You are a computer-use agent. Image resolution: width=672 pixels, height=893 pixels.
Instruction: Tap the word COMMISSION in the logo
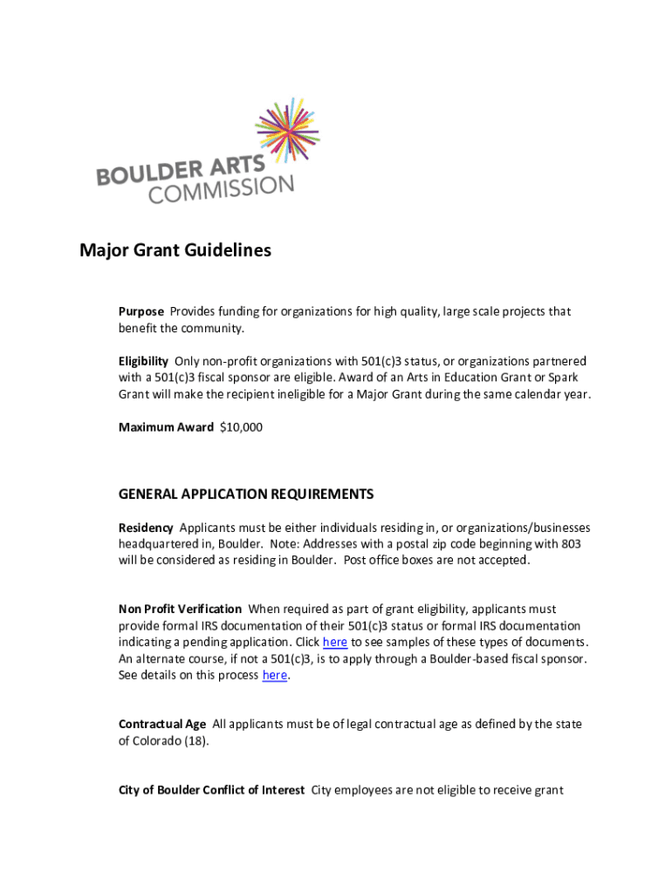pyautogui.click(x=221, y=189)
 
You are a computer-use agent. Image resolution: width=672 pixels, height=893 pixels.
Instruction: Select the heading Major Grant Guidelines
pyautogui.click(x=175, y=251)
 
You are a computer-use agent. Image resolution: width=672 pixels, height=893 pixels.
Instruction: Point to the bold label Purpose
pyautogui.click(x=141, y=311)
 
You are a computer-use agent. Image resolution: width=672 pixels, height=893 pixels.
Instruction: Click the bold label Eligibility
pyautogui.click(x=143, y=361)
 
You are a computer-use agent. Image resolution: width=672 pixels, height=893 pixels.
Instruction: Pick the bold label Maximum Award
pyautogui.click(x=166, y=427)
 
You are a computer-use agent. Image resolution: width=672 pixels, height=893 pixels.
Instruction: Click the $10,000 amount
pyautogui.click(x=241, y=427)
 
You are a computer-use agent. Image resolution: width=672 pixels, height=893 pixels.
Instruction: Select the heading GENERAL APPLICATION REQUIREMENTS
pyautogui.click(x=246, y=494)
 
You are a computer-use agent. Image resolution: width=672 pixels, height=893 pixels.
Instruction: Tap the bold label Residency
pyautogui.click(x=146, y=528)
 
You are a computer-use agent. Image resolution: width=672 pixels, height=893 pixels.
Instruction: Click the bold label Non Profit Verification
pyautogui.click(x=181, y=609)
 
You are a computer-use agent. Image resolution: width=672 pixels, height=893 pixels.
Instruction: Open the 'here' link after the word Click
pyautogui.click(x=335, y=643)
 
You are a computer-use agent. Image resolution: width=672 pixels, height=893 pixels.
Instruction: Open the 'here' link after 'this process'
pyautogui.click(x=274, y=675)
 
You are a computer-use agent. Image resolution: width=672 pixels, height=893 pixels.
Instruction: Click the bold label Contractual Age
pyautogui.click(x=162, y=724)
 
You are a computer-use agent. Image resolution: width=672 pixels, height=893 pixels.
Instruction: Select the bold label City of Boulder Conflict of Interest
pyautogui.click(x=212, y=790)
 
